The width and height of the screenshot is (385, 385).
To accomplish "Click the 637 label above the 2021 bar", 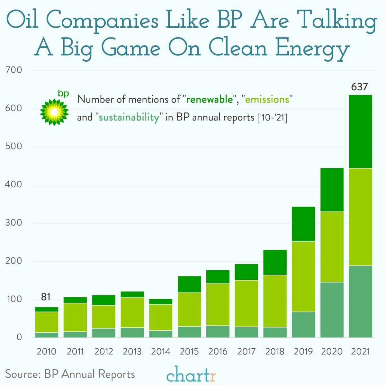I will tap(359, 87).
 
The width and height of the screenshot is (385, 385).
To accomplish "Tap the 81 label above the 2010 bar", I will tap(46, 297).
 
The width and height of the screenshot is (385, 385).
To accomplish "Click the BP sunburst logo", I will tap(54, 111).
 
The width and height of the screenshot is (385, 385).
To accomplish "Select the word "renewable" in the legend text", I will tap(209, 99).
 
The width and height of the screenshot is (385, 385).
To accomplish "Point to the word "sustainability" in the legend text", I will tap(129, 117).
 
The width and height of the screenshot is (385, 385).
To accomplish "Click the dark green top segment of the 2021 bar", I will tap(360, 131).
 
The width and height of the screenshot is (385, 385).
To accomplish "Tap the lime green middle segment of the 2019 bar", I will tap(303, 276).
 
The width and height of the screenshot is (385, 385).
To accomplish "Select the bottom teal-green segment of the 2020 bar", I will tap(332, 310).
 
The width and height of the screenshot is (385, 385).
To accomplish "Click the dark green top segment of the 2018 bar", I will tap(275, 262).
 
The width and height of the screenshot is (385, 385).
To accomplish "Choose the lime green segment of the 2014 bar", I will tap(161, 318).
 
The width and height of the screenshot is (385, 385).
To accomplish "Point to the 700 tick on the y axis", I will tap(13, 70).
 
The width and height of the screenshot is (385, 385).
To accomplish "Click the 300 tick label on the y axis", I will tap(13, 223).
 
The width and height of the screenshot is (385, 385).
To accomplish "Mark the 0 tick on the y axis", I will tap(19, 337).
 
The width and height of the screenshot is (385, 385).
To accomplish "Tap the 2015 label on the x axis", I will tap(189, 351).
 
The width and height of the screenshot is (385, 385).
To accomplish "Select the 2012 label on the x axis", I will tap(103, 351).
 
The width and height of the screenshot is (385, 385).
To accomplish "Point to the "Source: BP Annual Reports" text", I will tap(70, 374).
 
